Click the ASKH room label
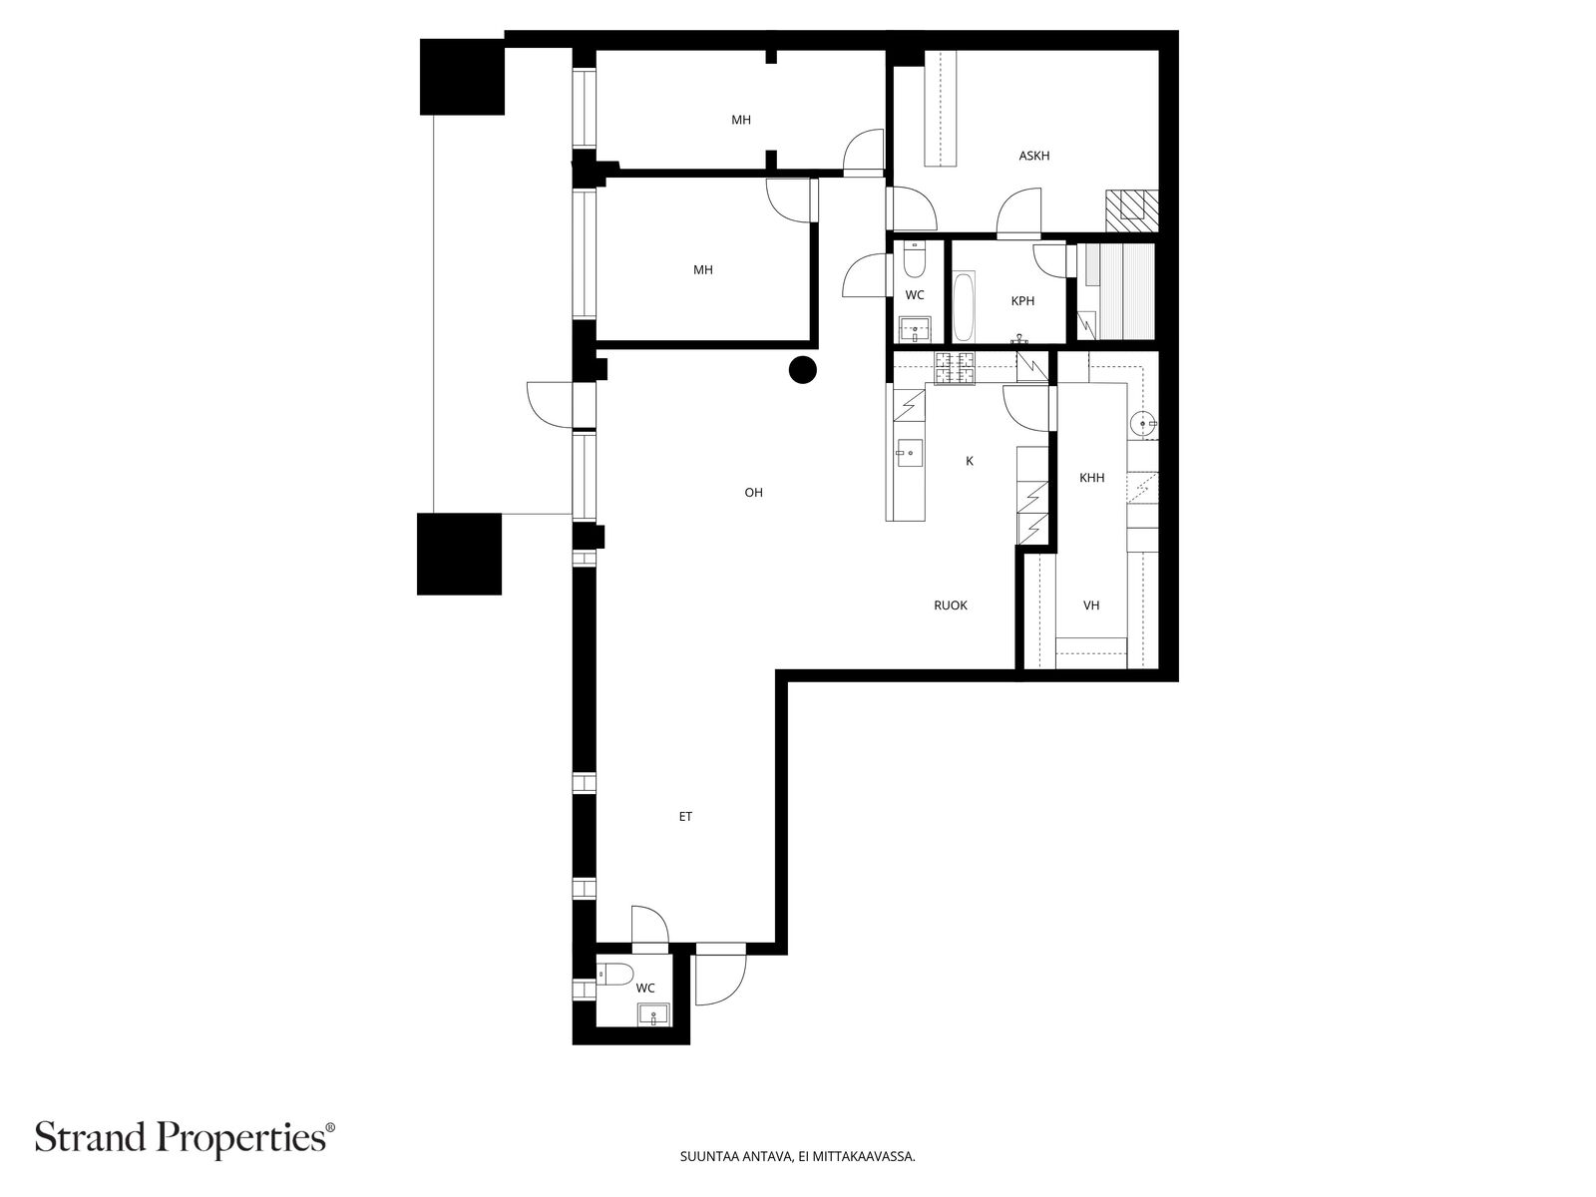1034,156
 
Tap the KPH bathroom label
1022,301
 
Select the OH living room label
753,492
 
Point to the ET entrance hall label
685,816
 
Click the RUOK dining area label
951,604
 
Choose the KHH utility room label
1091,478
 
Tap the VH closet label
1090,604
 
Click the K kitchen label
970,461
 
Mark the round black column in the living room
803,370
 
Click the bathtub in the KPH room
963,306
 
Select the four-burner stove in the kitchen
955,367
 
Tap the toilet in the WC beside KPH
914,259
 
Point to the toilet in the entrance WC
615,974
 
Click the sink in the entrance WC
654,1013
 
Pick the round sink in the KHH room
1142,422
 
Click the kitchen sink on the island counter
909,454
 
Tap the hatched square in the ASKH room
1131,210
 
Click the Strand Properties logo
186,1137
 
